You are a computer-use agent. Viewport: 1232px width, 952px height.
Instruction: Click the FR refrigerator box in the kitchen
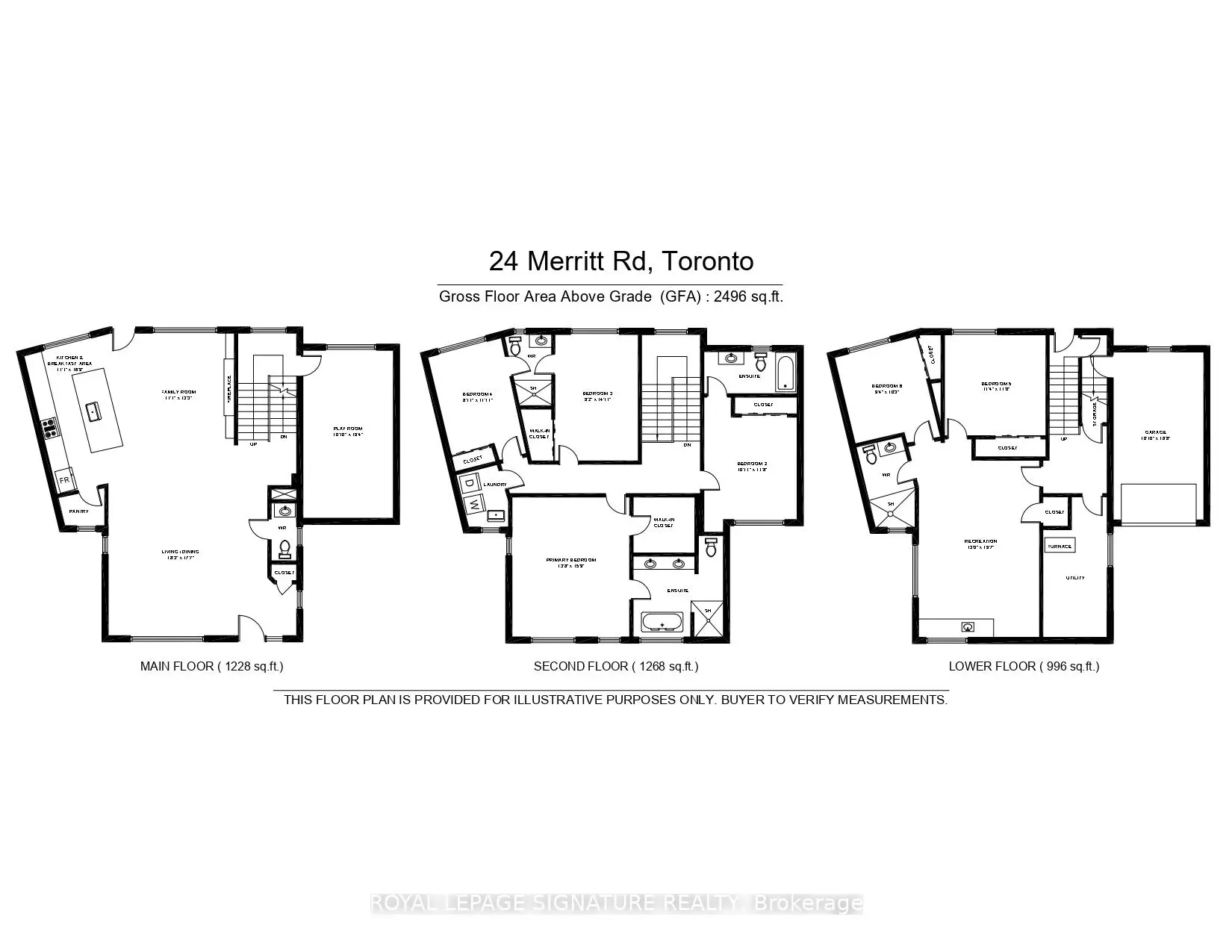coord(64,480)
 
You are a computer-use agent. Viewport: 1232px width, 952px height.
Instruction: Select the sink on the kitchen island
coord(93,410)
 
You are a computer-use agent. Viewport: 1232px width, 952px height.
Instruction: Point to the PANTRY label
coord(78,511)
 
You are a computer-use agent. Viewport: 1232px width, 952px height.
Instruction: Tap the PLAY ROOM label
coord(348,431)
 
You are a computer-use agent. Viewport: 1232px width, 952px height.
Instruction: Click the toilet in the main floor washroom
coord(284,550)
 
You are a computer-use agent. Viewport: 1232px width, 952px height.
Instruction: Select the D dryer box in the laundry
coord(470,483)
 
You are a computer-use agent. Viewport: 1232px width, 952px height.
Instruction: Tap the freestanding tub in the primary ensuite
coord(662,622)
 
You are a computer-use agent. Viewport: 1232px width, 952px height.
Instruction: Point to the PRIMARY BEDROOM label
coord(570,560)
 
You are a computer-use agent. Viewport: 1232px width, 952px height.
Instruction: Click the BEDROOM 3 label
coord(598,393)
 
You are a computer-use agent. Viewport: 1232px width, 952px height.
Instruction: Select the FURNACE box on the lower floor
coord(1059,546)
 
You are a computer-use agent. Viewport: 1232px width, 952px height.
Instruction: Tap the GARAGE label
coord(1156,432)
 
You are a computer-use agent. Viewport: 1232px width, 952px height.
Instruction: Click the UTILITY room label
coord(1075,578)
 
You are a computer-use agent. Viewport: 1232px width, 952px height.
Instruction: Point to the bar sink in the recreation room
coord(968,626)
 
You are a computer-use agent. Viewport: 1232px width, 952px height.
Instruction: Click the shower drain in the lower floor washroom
coord(891,505)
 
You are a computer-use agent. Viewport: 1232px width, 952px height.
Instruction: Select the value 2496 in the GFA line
coord(731,296)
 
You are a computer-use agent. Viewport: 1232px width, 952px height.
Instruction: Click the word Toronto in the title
coord(708,261)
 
